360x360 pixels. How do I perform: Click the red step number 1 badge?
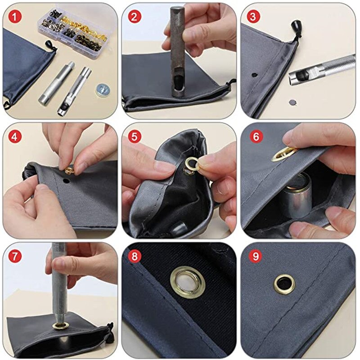(x=16, y=17)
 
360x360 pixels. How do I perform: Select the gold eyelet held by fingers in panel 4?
(x=70, y=170)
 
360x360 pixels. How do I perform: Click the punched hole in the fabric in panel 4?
(x=66, y=181)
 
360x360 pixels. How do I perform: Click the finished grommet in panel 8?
(x=188, y=283)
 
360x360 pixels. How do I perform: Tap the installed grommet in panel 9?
(x=284, y=283)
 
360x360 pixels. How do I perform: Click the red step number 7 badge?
(x=16, y=256)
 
